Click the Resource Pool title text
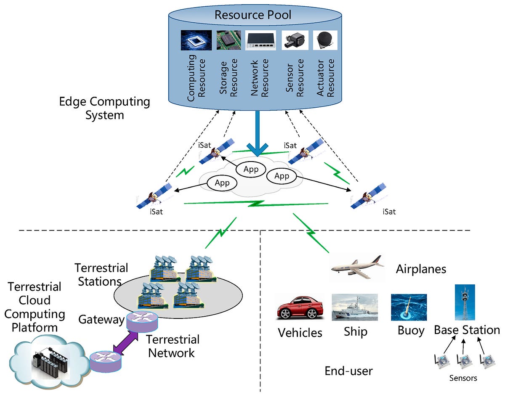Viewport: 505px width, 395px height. click(252, 15)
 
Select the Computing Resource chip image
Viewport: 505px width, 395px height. click(196, 40)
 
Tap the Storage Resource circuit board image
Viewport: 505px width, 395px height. click(229, 40)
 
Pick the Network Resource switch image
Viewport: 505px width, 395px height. click(260, 40)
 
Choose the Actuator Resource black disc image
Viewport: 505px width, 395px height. click(325, 40)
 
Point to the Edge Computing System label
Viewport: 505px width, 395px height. click(104, 108)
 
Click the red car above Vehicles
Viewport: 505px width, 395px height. click(298, 308)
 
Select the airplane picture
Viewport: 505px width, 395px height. click(356, 267)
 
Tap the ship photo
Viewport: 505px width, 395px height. click(354, 308)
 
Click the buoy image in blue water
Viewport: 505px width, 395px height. click(409, 307)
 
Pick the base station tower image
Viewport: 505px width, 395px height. click(465, 302)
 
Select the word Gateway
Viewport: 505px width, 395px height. click(101, 320)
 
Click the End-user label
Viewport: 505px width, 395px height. click(348, 371)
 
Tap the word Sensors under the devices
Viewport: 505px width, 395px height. click(463, 378)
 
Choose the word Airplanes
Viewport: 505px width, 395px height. click(421, 269)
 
